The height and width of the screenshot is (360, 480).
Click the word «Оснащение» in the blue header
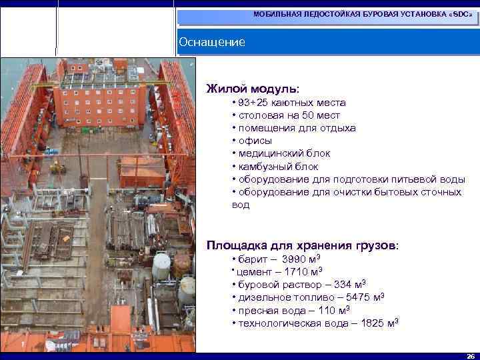pos(212,43)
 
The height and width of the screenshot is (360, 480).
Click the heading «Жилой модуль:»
pos(253,88)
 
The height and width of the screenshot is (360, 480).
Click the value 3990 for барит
pos(295,259)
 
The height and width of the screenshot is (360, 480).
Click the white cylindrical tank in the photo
pos(161,266)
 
